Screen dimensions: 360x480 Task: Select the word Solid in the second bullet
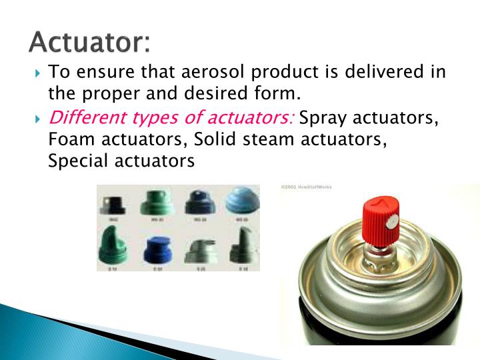[213, 140]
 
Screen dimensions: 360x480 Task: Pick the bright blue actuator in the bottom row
[157, 249]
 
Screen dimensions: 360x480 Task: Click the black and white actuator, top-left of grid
[115, 202]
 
